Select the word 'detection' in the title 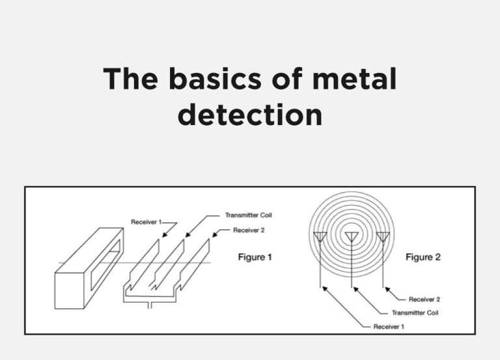point(250,115)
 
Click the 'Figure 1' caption point(255,258)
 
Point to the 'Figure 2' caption point(423,258)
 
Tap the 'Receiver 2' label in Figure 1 point(249,230)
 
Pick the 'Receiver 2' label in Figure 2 point(424,299)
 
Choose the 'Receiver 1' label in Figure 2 point(389,326)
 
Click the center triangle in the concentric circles point(352,236)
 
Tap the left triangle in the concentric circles point(321,236)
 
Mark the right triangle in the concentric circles point(383,236)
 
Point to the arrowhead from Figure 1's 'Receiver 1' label point(163,236)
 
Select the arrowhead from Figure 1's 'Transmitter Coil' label point(187,235)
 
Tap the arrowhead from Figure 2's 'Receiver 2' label point(385,286)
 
